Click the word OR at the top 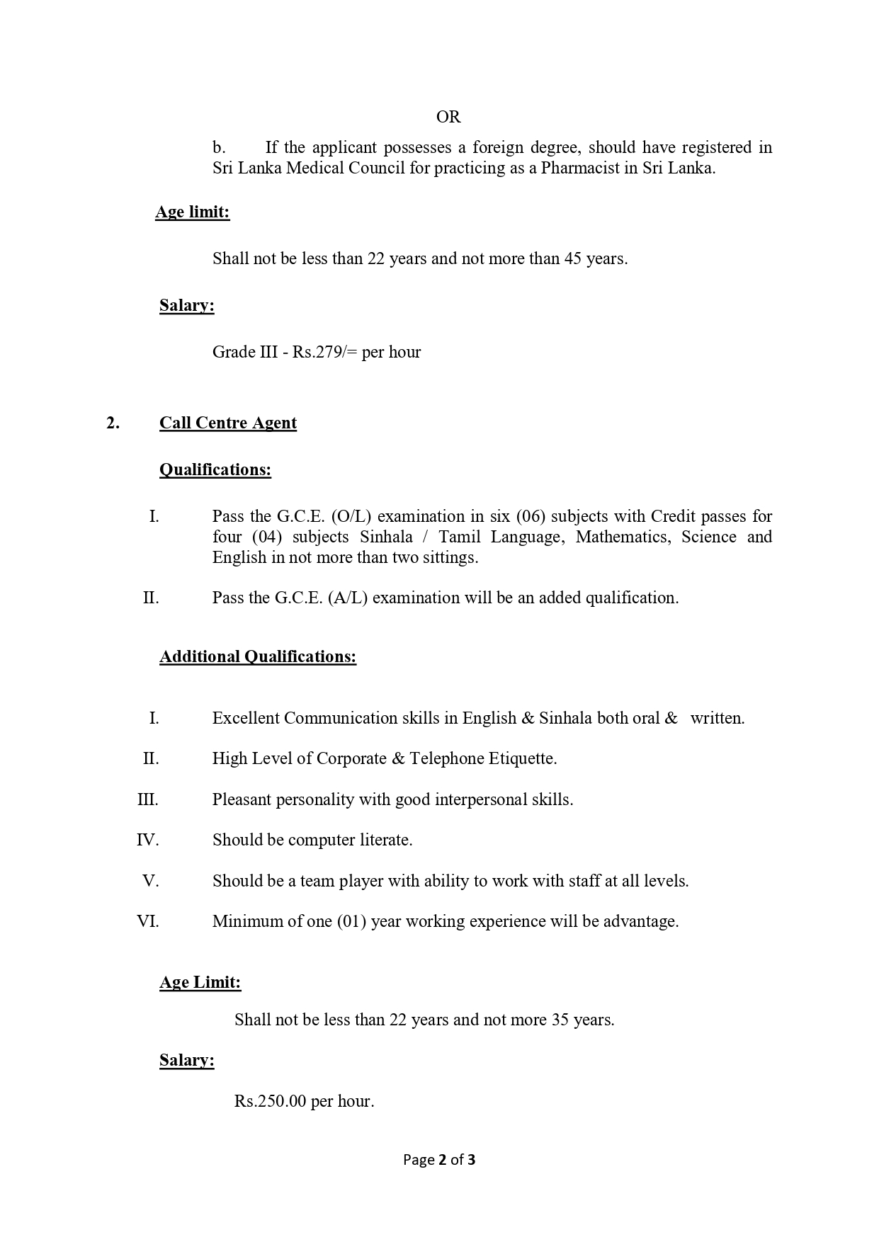point(448,117)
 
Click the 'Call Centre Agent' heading point(227,423)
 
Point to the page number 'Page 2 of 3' point(439,1160)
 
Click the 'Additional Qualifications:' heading point(257,656)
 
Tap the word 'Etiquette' point(523,758)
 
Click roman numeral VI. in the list point(148,921)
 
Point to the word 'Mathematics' point(623,537)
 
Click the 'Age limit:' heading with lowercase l point(192,212)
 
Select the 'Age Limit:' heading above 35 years point(200,982)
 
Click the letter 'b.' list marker point(219,148)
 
